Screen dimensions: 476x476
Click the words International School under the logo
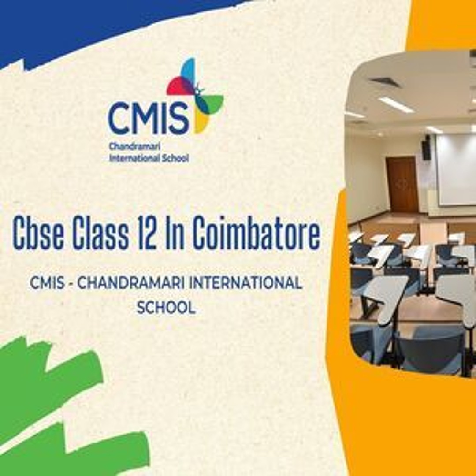pyautogui.click(x=149, y=158)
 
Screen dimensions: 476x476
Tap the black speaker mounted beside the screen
pyautogui.click(x=426, y=147)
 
